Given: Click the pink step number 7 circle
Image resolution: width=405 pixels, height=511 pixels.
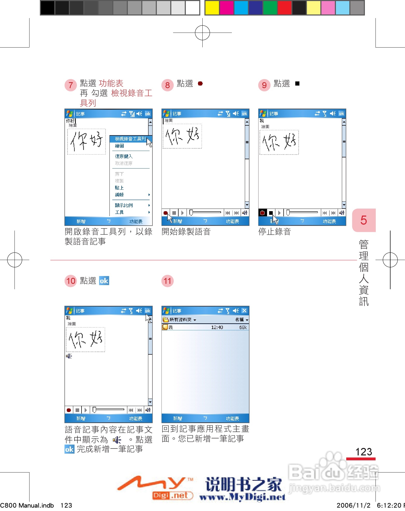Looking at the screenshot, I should [70, 85].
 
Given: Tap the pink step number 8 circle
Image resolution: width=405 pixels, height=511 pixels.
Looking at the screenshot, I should [167, 85].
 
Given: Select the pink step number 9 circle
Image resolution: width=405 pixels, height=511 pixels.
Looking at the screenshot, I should [264, 85].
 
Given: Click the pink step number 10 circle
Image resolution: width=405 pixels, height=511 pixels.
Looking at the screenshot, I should [71, 281].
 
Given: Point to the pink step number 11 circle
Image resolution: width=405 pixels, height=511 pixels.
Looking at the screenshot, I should [167, 281].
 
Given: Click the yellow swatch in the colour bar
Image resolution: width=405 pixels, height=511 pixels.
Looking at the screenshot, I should [212, 8].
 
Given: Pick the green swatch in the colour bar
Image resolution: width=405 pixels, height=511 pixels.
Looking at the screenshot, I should [270, 8].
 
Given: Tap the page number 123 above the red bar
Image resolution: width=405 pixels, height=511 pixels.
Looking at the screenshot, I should [364, 452].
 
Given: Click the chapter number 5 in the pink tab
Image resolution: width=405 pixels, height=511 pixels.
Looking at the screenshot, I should [364, 220].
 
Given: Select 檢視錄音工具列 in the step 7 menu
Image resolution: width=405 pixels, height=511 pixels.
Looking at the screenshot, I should [130, 139].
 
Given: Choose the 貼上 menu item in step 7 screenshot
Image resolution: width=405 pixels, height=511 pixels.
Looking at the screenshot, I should [119, 188].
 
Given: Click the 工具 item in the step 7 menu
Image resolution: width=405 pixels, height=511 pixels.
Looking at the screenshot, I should [119, 212].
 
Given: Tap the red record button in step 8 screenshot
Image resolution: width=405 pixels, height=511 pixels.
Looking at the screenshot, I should [166, 213].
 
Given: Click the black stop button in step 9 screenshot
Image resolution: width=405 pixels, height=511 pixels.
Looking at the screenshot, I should [271, 213].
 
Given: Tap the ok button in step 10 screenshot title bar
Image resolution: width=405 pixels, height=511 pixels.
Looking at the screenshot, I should [148, 311].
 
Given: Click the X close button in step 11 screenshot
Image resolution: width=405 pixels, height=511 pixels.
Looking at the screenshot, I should [244, 311].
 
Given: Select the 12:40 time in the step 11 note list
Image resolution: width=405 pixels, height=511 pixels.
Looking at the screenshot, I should [217, 327].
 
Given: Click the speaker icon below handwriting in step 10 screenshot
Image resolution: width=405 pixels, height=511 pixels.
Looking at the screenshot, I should [69, 356].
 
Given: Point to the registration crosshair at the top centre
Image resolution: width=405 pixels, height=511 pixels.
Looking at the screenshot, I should [202, 33].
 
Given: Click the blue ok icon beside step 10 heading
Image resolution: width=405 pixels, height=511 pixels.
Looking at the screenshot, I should [104, 281].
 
